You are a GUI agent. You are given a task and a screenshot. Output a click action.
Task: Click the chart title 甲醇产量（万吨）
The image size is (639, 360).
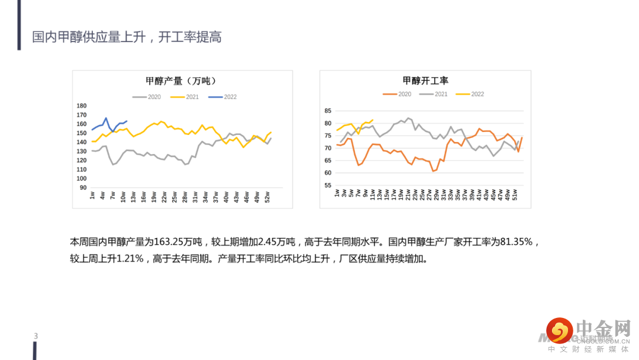point(180,81)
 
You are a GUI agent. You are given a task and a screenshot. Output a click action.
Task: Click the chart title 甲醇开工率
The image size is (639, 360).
point(425,81)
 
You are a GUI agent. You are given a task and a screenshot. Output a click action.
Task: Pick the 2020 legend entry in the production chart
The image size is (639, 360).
point(148,97)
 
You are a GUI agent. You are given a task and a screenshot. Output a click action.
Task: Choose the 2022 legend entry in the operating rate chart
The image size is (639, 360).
point(471,94)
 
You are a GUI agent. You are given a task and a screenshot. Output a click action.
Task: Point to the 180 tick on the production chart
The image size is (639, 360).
point(82,106)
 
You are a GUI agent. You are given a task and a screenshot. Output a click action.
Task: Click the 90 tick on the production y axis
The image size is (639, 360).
point(83,188)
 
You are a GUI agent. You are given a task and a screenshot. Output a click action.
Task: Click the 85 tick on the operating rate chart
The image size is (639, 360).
point(328,111)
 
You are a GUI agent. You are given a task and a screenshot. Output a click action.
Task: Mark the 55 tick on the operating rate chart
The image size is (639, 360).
point(328,185)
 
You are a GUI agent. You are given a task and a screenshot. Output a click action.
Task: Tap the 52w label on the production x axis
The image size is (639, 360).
point(267,196)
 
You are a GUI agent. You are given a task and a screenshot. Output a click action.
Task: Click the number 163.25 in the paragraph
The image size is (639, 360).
point(168,242)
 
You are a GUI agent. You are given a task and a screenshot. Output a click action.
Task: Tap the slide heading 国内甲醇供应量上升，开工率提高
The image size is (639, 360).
point(127,37)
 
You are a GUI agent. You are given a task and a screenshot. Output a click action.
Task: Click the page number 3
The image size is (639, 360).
point(36,337)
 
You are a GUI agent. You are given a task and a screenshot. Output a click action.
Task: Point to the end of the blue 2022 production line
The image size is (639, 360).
point(127,121)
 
